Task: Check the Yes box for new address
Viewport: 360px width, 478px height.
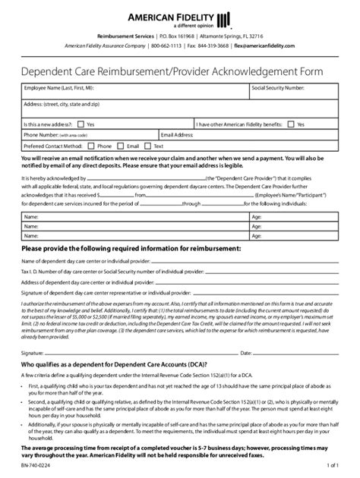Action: click(x=81, y=124)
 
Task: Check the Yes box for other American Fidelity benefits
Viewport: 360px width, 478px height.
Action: click(x=292, y=124)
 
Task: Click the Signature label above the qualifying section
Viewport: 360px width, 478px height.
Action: click(x=33, y=352)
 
